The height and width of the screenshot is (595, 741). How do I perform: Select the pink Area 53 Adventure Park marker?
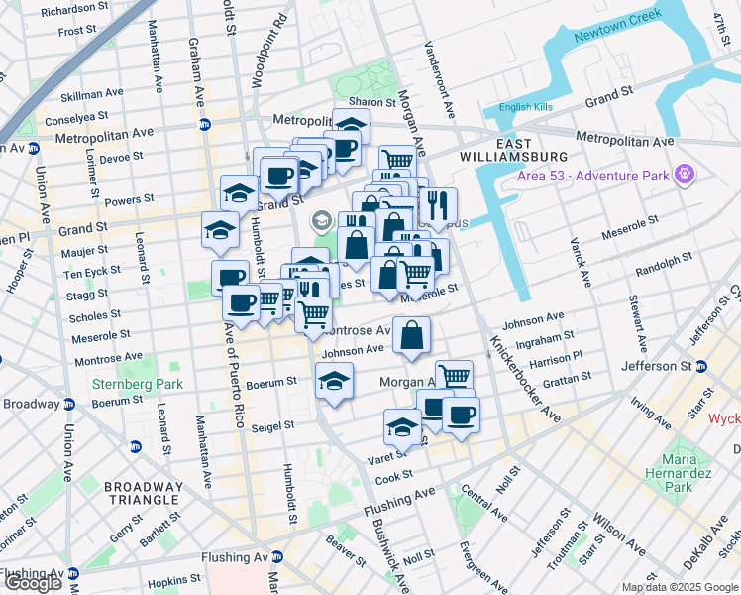pos(683,176)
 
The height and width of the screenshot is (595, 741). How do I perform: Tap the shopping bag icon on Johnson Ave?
pos(411,335)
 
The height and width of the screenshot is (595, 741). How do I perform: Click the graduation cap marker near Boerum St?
pos(335,381)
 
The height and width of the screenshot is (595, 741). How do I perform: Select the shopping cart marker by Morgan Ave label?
pos(454,377)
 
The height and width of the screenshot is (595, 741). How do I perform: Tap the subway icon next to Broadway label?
pos(69,405)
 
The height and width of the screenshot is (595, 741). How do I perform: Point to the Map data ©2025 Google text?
pos(679,587)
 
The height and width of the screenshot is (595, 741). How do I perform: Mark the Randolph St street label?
pos(664,263)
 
